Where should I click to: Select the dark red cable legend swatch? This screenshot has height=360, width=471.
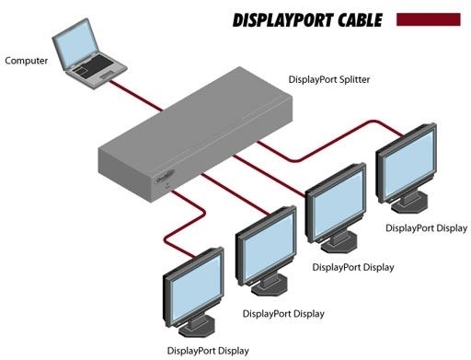[x=427, y=17]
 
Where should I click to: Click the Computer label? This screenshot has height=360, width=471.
[x=27, y=61]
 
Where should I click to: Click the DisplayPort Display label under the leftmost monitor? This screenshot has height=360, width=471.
[x=208, y=350]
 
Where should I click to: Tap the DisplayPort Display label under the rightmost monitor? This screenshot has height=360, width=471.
[x=426, y=227]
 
